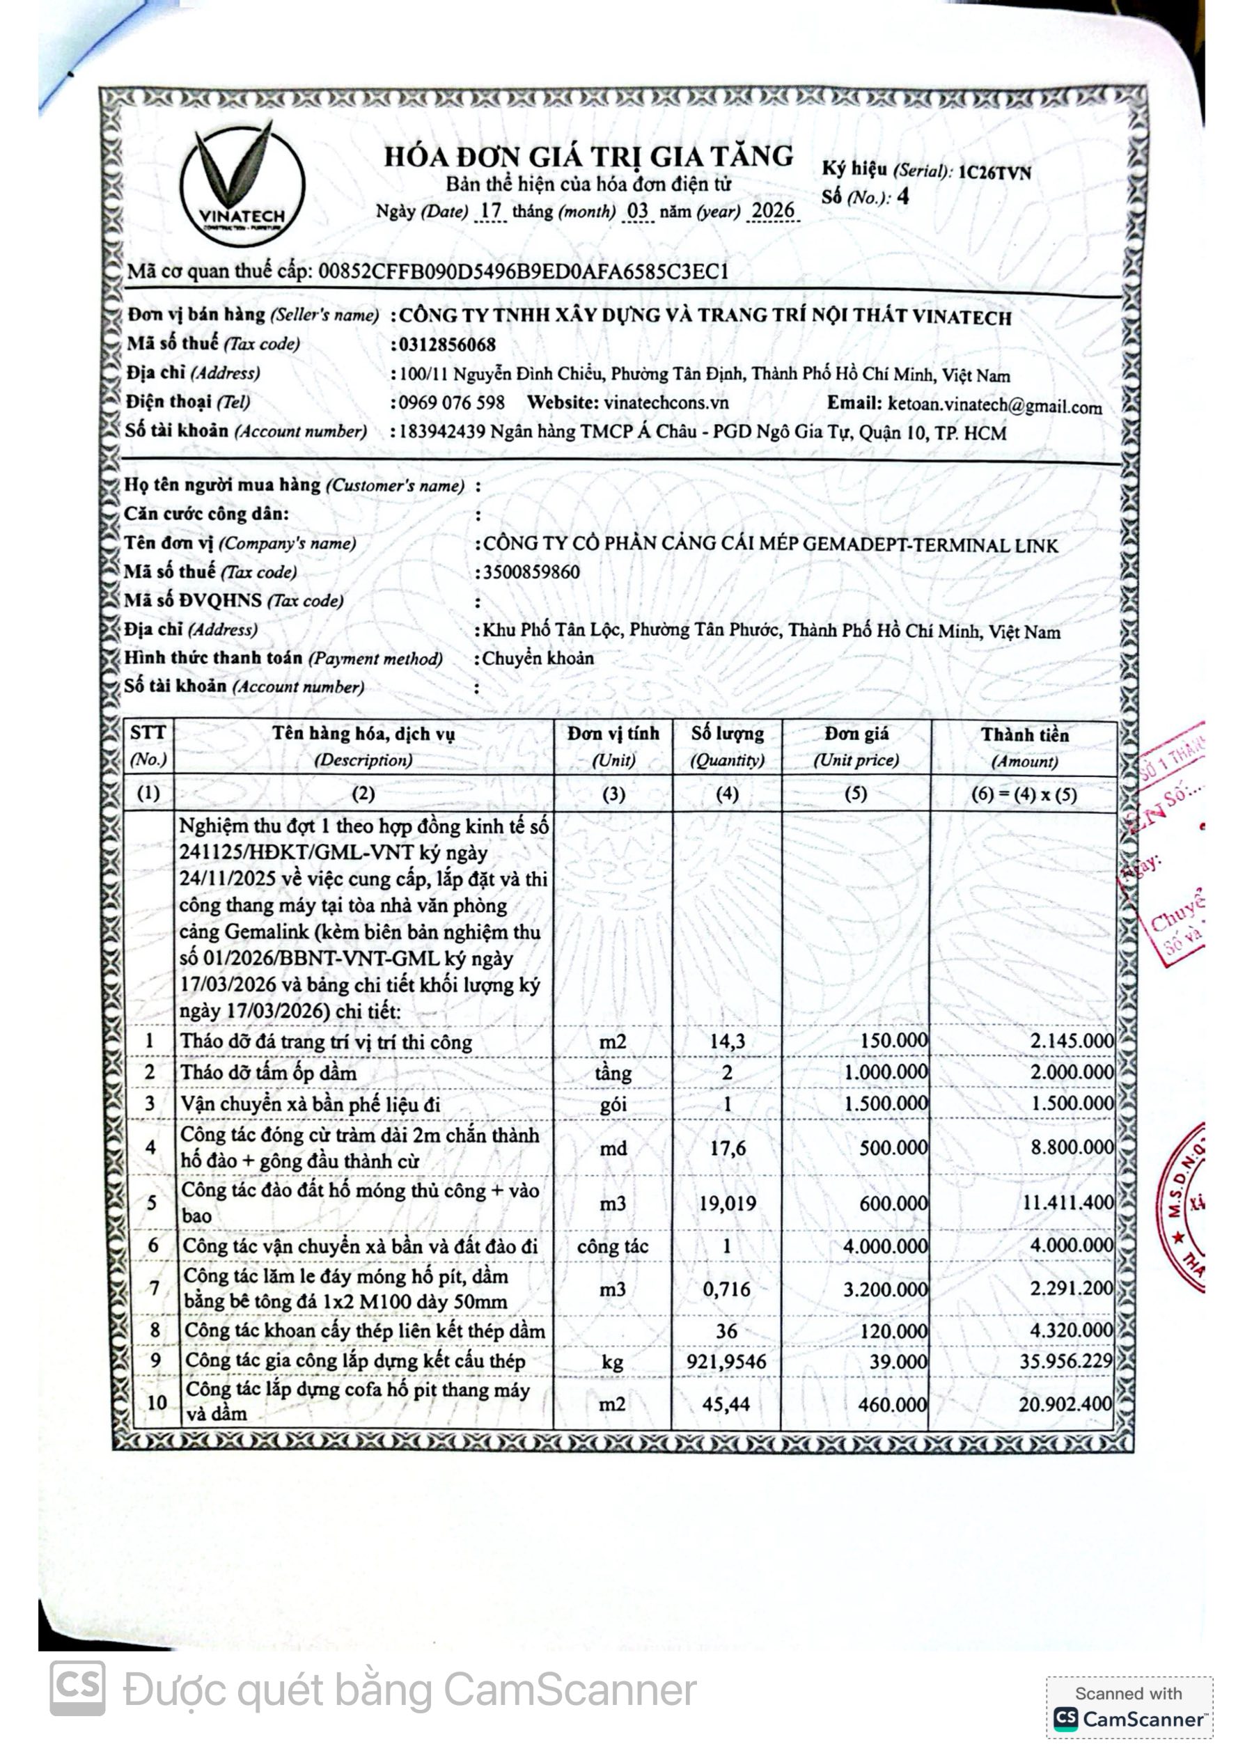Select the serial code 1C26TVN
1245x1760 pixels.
(x=994, y=173)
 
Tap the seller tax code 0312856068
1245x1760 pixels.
(x=447, y=345)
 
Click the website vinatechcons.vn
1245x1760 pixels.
(x=666, y=403)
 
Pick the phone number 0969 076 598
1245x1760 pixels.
(x=451, y=403)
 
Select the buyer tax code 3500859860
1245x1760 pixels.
(x=531, y=572)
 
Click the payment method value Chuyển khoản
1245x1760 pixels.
(x=538, y=658)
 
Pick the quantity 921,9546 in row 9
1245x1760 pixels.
(x=727, y=1360)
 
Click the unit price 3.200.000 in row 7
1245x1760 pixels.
(x=885, y=1289)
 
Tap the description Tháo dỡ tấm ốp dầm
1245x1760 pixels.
(x=268, y=1072)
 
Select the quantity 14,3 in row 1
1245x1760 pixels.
(x=727, y=1041)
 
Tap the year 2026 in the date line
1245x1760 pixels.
(x=773, y=211)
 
